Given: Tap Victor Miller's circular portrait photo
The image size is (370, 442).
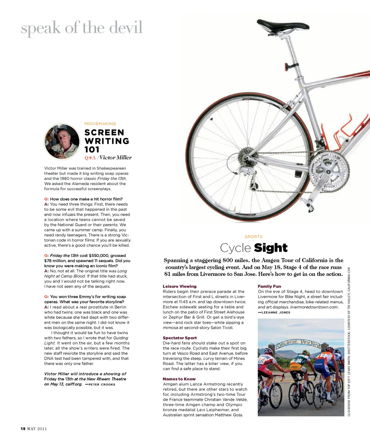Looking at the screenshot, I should coord(62,141).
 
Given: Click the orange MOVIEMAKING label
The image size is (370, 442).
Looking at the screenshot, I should coord(100,124).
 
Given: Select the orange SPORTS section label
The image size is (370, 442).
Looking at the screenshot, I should coord(253,237).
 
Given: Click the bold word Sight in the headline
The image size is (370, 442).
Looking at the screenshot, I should coord(271,248).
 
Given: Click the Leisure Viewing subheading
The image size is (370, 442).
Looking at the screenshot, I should coord(180,286).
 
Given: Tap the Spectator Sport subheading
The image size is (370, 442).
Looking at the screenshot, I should coord(180,338).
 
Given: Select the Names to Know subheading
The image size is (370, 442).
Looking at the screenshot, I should coord(179,379).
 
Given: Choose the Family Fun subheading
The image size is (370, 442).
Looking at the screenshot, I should coord(269,286).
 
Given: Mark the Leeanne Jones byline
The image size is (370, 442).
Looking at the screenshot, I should coord(276,313).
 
